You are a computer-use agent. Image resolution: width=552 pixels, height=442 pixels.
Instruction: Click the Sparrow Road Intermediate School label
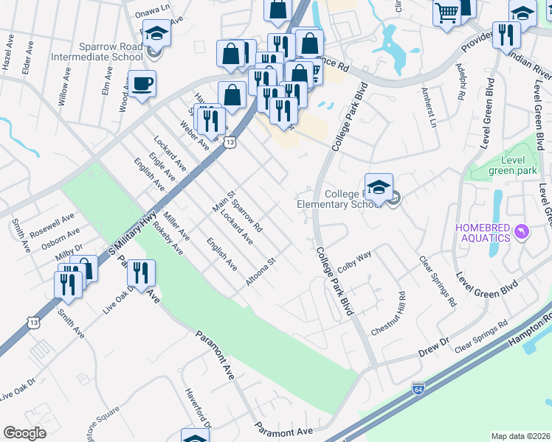point(97,51)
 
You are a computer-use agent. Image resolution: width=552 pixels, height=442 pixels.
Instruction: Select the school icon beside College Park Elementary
point(379,187)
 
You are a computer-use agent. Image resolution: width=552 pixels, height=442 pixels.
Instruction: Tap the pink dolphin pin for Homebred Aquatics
point(522,233)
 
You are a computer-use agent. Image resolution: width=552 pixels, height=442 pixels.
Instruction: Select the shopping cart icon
point(446,13)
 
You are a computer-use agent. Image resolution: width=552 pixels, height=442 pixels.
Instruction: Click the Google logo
point(24,432)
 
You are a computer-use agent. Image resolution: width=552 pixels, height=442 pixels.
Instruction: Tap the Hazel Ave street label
point(7,55)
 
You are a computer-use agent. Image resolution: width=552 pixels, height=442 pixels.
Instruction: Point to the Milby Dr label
point(69,250)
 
